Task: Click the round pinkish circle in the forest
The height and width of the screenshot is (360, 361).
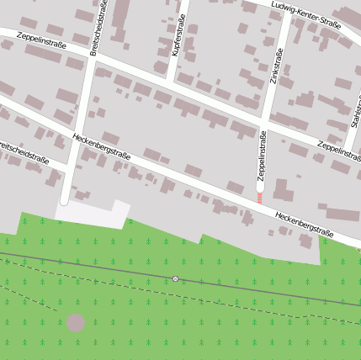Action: tap(76, 323)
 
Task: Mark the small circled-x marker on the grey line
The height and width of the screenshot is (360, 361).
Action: tap(175, 278)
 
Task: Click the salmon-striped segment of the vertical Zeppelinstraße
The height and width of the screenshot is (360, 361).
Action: tap(260, 198)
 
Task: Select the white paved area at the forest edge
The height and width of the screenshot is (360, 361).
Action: tap(93, 212)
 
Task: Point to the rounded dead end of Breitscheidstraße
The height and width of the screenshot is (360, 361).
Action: tap(64, 201)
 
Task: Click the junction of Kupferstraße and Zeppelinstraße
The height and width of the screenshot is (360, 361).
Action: tap(171, 82)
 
